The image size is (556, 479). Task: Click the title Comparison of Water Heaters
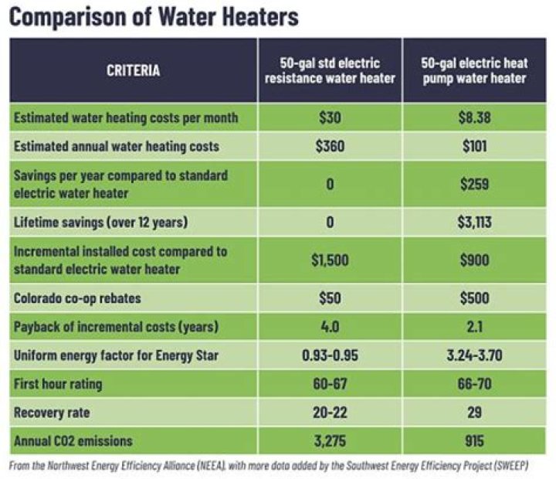coord(154,17)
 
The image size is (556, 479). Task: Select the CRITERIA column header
coord(134,70)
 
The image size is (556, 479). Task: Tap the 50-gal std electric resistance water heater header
coord(330,70)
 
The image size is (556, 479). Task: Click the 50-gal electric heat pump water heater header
coord(474,70)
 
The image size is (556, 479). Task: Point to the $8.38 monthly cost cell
coord(474,118)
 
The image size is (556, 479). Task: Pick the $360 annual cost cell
coord(330,146)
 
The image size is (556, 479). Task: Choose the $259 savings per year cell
coord(474,184)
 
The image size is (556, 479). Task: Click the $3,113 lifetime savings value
coord(474,223)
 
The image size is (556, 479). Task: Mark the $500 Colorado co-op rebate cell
coord(474,298)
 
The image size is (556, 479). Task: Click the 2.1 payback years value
coord(474,327)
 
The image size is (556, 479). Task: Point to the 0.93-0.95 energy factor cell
coord(330,355)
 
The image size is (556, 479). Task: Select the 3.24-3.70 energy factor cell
coord(474,355)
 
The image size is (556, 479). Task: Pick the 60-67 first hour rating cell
coord(330,384)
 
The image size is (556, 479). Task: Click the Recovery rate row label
coord(52,413)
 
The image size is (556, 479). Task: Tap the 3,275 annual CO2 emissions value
coord(330,441)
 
